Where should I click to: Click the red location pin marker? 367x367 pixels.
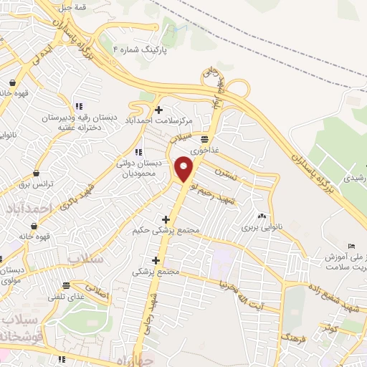coord(185,169)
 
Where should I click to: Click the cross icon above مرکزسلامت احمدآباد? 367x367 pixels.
coord(158,109)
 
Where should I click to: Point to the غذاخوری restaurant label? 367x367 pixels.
coord(205,149)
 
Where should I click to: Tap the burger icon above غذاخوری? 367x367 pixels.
coord(205,138)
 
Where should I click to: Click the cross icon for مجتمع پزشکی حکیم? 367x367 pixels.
coord(166,219)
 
